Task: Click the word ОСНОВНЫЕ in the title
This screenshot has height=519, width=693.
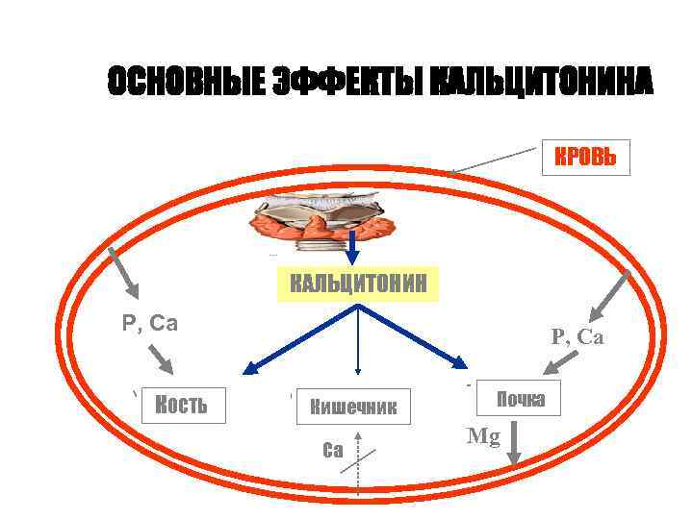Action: point(184,83)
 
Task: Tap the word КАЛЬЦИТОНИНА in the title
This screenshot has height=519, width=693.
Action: point(542,83)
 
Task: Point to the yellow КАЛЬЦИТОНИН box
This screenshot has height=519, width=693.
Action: point(357,284)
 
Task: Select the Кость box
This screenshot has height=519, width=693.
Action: point(182,405)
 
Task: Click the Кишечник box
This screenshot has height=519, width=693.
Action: point(353,407)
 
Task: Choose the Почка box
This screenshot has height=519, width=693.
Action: point(521,399)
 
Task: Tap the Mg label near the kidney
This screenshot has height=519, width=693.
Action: point(483,437)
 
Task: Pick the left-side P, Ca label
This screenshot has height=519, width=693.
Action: point(150,323)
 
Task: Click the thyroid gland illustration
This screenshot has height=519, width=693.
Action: point(325,217)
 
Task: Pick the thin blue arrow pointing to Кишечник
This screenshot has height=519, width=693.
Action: point(357,341)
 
